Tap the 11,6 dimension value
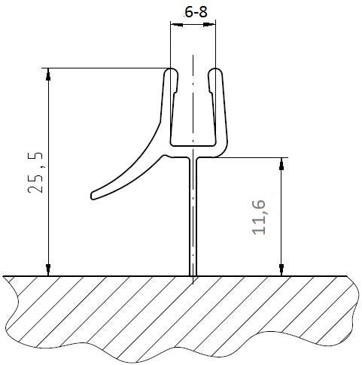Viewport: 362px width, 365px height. click(261, 216)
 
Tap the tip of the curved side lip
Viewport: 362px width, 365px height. click(93, 197)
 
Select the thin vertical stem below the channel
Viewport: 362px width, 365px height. click(193, 218)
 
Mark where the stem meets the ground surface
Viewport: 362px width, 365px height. click(193, 275)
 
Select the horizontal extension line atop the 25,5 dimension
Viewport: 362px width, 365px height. click(105, 68)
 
